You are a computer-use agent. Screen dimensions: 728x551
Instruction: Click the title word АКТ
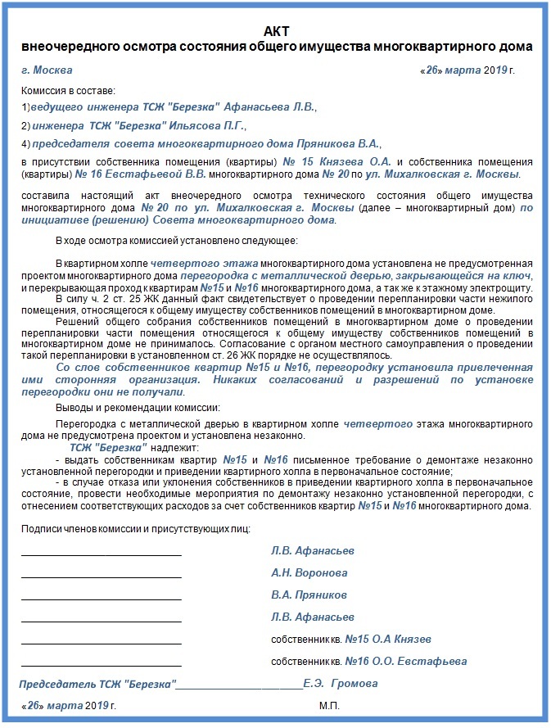(x=277, y=30)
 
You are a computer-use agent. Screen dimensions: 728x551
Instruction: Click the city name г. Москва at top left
(x=47, y=70)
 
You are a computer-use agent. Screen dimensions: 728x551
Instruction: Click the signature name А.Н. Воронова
(x=309, y=573)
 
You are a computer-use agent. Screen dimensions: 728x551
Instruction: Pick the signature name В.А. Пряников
(x=309, y=595)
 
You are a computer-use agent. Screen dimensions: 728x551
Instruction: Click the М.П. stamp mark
(x=329, y=705)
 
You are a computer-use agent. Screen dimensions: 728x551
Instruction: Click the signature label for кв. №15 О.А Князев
(x=351, y=639)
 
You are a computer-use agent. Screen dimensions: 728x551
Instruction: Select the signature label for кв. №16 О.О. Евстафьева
(x=369, y=661)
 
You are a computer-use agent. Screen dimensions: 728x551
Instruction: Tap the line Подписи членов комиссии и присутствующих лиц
(x=136, y=530)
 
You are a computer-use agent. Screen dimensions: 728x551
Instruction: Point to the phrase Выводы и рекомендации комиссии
(x=138, y=408)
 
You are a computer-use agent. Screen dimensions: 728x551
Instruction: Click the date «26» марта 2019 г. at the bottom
(x=69, y=705)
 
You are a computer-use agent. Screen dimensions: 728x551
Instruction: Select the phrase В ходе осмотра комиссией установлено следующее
(x=177, y=241)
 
